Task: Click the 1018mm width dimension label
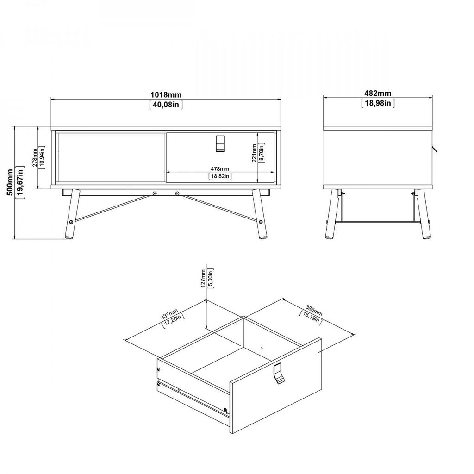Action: pyautogui.click(x=166, y=94)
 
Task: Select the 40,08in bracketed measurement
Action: pyautogui.click(x=166, y=105)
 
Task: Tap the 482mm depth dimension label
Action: pyautogui.click(x=378, y=94)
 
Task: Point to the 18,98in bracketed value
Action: pyautogui.click(x=378, y=103)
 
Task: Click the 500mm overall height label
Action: pyautogui.click(x=10, y=182)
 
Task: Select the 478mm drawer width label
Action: pyautogui.click(x=220, y=169)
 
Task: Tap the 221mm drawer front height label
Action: pyautogui.click(x=254, y=153)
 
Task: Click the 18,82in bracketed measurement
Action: pyautogui.click(x=220, y=176)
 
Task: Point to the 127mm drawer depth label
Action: pyautogui.click(x=204, y=278)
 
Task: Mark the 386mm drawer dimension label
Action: pyautogui.click(x=314, y=311)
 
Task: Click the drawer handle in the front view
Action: pyautogui.click(x=220, y=143)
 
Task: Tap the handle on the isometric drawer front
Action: pyautogui.click(x=279, y=374)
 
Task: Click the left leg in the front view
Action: pyautogui.click(x=71, y=214)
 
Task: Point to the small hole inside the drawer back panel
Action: pyautogui.click(x=262, y=348)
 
